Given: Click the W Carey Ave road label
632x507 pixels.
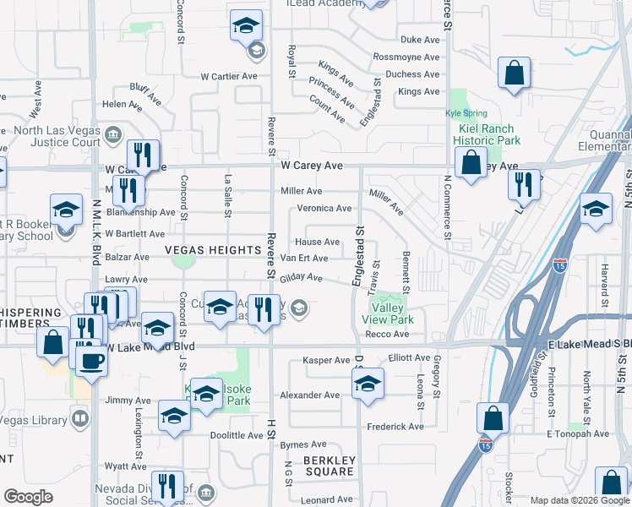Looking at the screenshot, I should pos(312,166).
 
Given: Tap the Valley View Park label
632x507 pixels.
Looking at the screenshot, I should pos(388,314).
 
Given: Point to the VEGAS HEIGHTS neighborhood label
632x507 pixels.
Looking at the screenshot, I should pos(213,250).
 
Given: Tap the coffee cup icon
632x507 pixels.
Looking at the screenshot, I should pos(92,361).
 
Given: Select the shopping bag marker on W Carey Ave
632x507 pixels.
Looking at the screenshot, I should pos(471,161).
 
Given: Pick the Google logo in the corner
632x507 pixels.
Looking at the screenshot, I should pos(28,497).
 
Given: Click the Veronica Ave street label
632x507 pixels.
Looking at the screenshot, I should pos(324,208).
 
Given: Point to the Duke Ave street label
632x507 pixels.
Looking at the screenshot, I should pos(420,40).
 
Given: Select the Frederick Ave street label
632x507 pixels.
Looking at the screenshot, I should pos(395,427).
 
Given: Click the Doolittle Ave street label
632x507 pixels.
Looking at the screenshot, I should pos(237,435).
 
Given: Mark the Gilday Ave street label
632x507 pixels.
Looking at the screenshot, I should pos(302,277).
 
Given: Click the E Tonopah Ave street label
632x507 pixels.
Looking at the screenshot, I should pos(578,433).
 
